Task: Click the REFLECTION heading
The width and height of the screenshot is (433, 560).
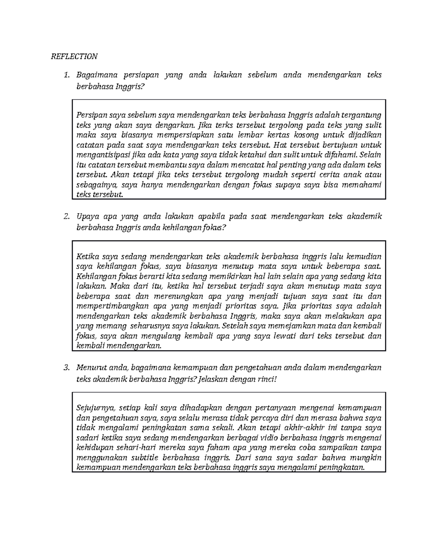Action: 74,56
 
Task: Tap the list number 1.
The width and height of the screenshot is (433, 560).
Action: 66,75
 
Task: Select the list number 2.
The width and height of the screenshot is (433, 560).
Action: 66,216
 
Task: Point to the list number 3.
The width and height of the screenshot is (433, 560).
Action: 66,368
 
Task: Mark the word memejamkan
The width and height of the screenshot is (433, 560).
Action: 290,326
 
